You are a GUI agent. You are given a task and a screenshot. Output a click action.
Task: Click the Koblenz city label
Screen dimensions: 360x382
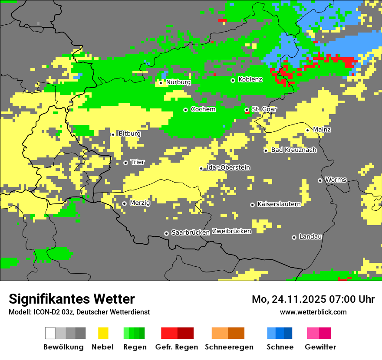point(250,80)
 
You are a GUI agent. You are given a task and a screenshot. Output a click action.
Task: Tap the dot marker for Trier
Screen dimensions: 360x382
point(126,163)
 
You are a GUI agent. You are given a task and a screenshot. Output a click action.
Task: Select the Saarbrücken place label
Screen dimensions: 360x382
point(191,233)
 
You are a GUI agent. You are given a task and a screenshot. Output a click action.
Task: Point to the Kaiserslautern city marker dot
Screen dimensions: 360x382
point(252,205)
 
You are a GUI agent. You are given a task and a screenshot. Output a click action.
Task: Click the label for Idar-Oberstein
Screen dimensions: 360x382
point(228,167)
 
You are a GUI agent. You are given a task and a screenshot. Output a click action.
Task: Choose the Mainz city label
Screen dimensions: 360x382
point(322,130)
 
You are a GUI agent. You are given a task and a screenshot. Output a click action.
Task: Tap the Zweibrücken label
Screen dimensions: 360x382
point(232,231)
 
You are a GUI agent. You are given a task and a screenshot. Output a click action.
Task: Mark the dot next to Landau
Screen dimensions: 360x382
point(294,237)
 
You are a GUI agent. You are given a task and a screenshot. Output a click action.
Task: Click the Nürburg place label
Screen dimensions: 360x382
point(178,82)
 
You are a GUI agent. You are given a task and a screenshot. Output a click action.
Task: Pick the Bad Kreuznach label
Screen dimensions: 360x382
point(293,150)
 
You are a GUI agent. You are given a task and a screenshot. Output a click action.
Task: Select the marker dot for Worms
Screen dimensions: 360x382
point(320,180)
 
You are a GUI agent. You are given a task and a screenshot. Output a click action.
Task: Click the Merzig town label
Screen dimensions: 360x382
point(140,203)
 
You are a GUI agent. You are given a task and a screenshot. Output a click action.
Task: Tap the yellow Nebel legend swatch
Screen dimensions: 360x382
point(103,333)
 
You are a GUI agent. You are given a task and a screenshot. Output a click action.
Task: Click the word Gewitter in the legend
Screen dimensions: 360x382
point(320,347)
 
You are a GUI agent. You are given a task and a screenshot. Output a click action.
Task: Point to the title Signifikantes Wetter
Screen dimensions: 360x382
point(72,299)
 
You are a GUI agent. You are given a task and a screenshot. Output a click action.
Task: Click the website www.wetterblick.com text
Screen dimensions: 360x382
point(313,312)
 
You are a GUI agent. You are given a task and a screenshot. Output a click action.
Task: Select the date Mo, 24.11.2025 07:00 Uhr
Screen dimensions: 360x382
point(313,299)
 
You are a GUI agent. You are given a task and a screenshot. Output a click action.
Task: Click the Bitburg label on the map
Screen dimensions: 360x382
point(129,134)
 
